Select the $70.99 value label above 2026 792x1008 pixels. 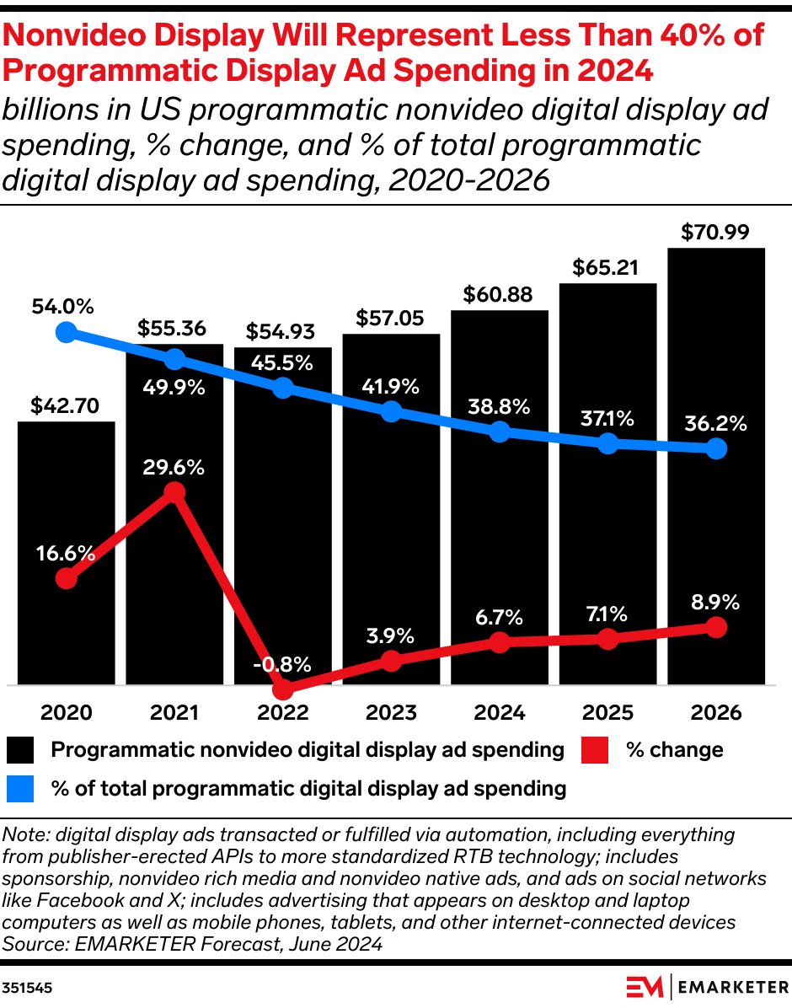click(715, 231)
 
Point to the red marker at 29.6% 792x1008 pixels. click(174, 493)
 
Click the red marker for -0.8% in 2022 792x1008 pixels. click(283, 689)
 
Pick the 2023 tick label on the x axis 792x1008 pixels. click(391, 713)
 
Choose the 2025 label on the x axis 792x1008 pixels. click(607, 713)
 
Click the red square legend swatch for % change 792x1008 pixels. click(596, 750)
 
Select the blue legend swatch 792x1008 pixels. click(20, 789)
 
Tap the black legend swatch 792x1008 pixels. click(20, 750)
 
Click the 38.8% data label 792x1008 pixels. click(500, 407)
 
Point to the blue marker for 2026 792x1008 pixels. click(716, 449)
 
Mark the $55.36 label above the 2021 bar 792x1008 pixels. click(174, 328)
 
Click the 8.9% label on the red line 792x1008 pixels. click(715, 603)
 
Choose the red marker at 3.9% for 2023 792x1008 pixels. click(391, 661)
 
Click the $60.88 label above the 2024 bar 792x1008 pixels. click(499, 295)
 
